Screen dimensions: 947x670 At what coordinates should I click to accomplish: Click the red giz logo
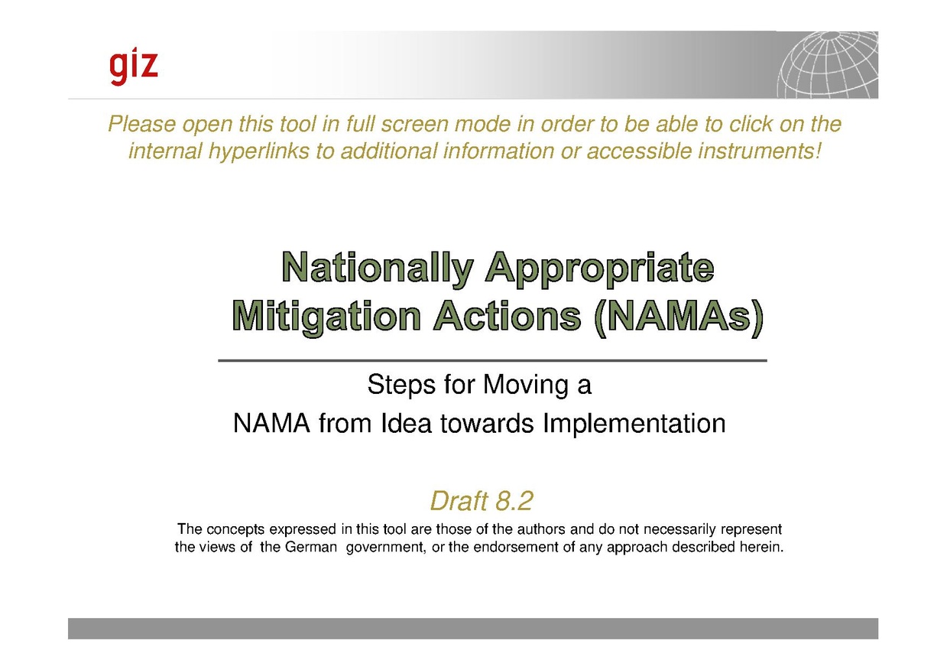click(134, 68)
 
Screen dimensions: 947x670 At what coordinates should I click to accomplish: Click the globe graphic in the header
click(828, 65)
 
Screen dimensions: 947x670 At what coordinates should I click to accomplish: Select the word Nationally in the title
click(377, 268)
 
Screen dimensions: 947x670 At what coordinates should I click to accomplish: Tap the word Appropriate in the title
click(600, 268)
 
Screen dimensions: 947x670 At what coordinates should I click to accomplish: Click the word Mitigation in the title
click(326, 317)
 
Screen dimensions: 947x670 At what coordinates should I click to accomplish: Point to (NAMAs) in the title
click(679, 317)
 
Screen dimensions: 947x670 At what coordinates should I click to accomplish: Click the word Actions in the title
click(508, 316)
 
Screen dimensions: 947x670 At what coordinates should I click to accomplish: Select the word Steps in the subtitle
click(401, 385)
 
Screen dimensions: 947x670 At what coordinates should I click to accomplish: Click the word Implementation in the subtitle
click(634, 424)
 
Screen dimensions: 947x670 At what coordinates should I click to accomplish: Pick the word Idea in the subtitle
click(407, 423)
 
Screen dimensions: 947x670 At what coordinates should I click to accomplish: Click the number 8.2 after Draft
click(514, 501)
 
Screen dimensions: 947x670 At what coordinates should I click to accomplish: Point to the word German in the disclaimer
click(311, 548)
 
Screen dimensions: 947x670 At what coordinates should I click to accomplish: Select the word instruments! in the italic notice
click(759, 151)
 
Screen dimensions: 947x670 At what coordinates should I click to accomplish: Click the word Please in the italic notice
click(142, 125)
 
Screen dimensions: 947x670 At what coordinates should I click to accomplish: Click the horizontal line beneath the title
click(492, 361)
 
